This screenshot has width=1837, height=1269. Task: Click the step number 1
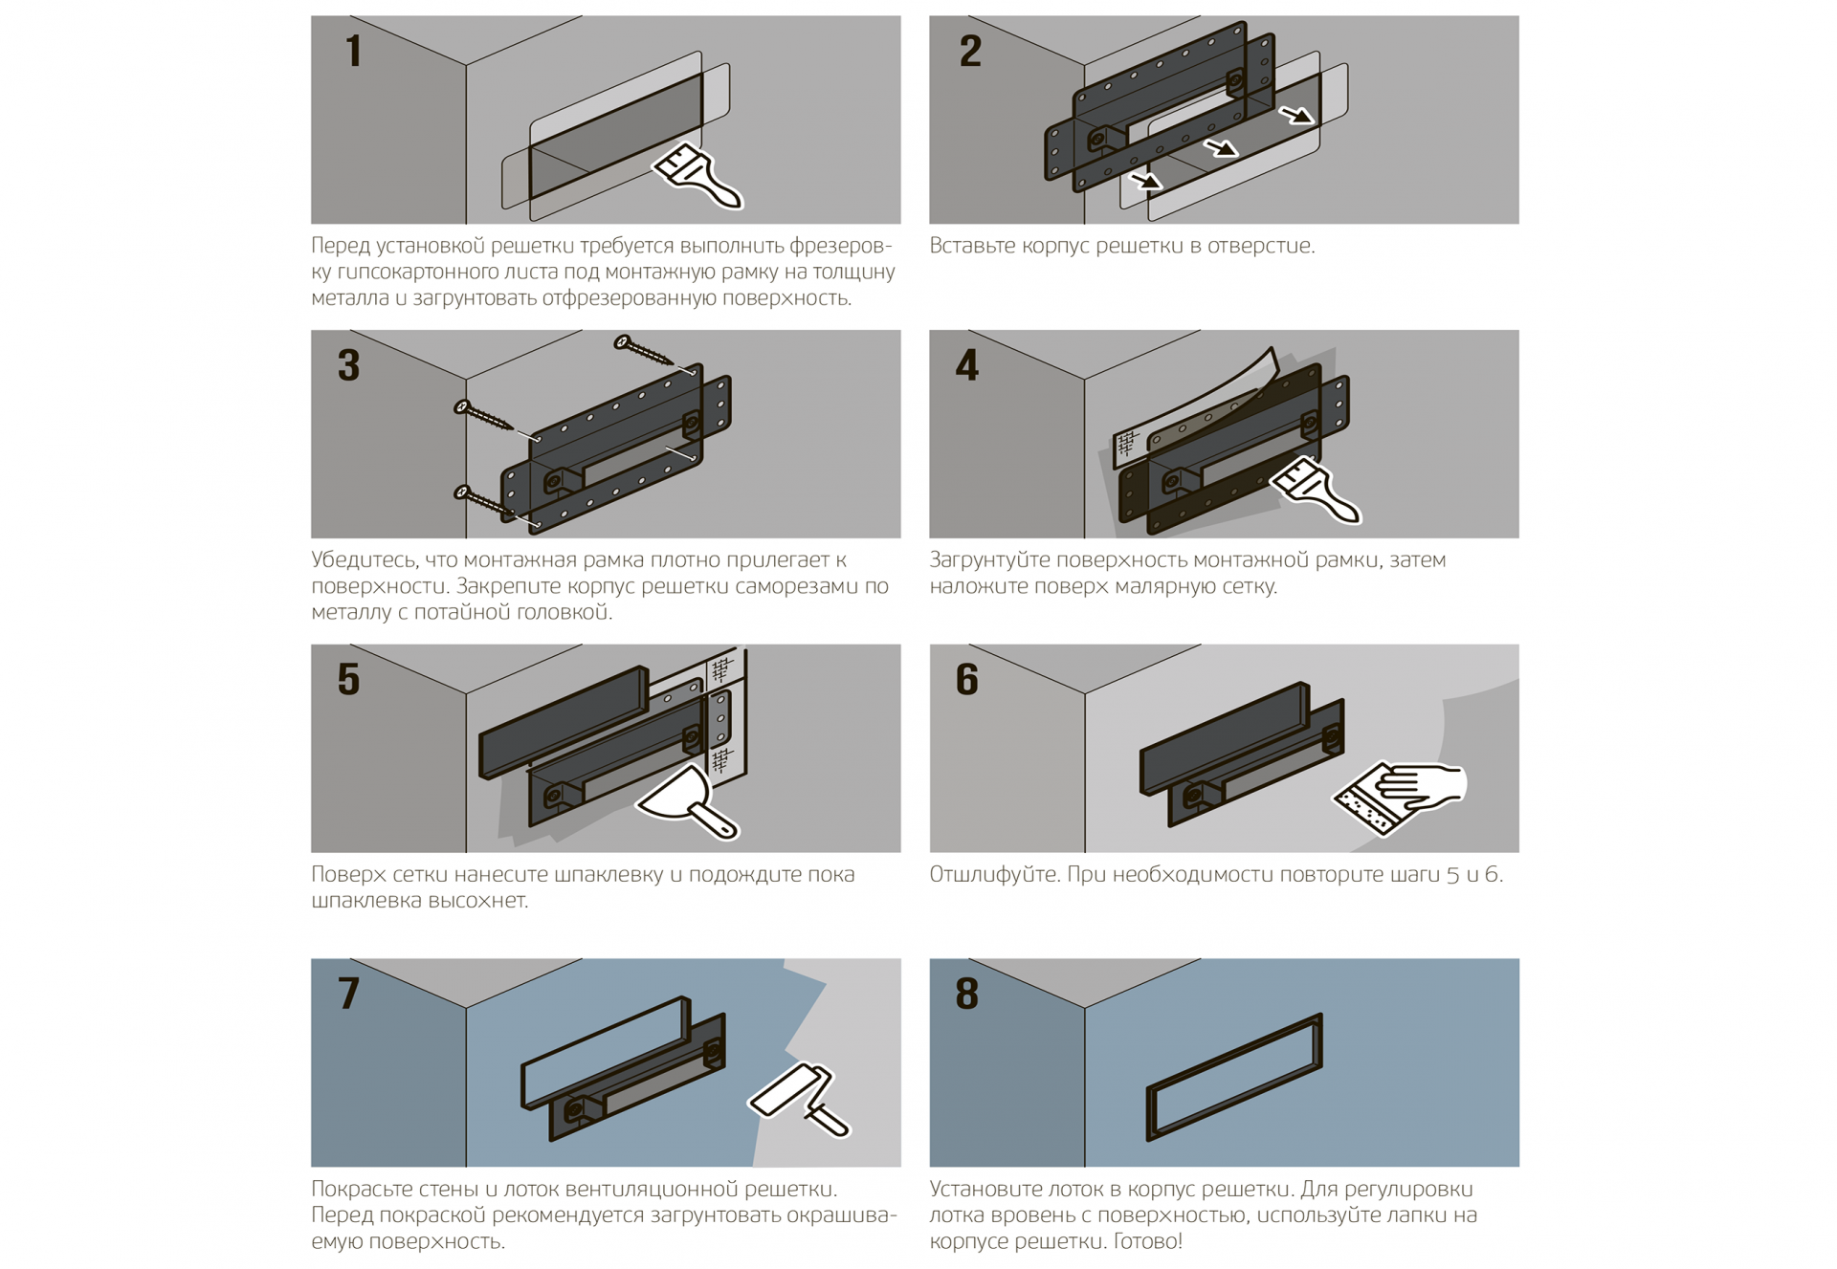(354, 52)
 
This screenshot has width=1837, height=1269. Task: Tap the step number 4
(967, 365)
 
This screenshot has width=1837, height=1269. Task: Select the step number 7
(349, 994)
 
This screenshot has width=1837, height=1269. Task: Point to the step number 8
(967, 994)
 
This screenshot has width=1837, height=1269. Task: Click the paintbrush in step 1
(698, 176)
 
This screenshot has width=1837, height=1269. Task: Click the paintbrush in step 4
(1317, 491)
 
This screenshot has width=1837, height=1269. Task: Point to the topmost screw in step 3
(643, 351)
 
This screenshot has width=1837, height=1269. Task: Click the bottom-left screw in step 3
(482, 499)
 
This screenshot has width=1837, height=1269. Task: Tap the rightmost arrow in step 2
(1296, 116)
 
